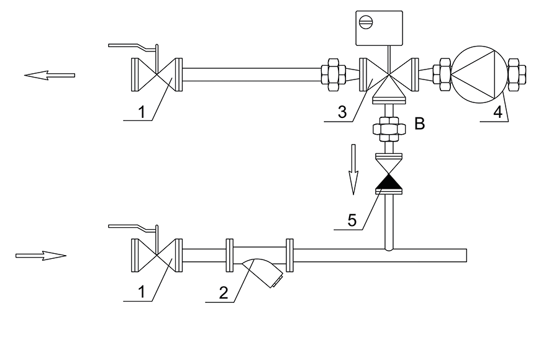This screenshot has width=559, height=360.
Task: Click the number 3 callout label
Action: coord(342,112)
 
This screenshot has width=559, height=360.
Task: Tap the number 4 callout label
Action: coord(498,112)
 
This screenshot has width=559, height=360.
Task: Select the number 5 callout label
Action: coord(352,220)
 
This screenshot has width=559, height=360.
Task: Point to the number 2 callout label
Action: coord(224,292)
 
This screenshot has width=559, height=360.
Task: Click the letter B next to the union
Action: coord(420,124)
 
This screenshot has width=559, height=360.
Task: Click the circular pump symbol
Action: coord(479,74)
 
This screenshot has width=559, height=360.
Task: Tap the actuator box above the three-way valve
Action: coord(379,28)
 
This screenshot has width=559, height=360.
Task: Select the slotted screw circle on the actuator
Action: coord(366,23)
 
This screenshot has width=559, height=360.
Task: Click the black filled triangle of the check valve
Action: coord(389,181)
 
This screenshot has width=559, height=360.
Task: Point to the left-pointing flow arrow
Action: coord(50,75)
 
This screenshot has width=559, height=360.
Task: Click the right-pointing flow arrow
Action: coord(41,256)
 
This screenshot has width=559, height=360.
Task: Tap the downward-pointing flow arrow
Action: coord(353,169)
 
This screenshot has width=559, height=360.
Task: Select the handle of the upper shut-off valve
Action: coord(134,47)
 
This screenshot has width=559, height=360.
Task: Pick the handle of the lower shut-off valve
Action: coord(134,227)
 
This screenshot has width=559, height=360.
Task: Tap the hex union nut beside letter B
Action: coord(389,128)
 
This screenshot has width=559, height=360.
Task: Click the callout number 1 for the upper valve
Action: coord(142,112)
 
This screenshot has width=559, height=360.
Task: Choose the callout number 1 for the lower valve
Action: coord(142,292)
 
